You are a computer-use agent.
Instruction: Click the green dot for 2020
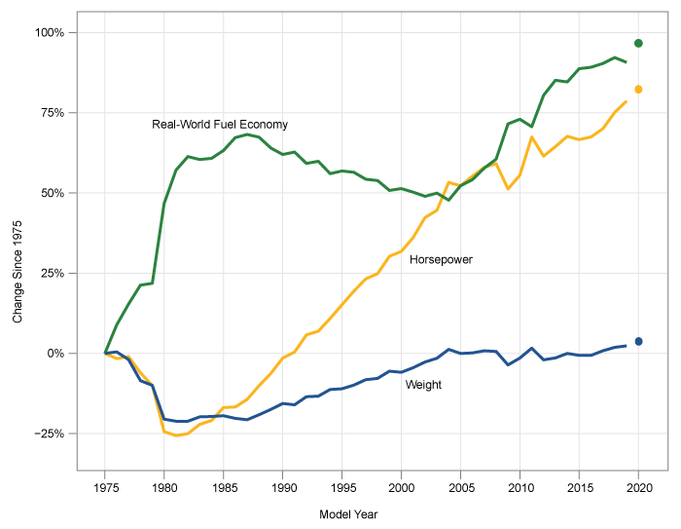[x=639, y=43]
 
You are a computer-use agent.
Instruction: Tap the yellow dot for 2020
[x=639, y=90]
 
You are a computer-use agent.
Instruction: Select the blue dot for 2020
[x=639, y=341]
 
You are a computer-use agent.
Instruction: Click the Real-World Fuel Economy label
[x=220, y=125]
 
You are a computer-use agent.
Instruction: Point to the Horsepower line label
[x=441, y=260]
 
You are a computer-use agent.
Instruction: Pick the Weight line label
[x=423, y=385]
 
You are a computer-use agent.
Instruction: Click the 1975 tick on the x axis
[x=105, y=486]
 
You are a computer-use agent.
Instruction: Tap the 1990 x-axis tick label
[x=283, y=486]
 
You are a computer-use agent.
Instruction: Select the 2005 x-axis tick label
[x=461, y=486]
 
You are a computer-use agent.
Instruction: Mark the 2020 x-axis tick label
[x=639, y=486]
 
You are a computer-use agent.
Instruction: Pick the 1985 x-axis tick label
[x=224, y=486]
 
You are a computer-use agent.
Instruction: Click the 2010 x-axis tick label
[x=520, y=486]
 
